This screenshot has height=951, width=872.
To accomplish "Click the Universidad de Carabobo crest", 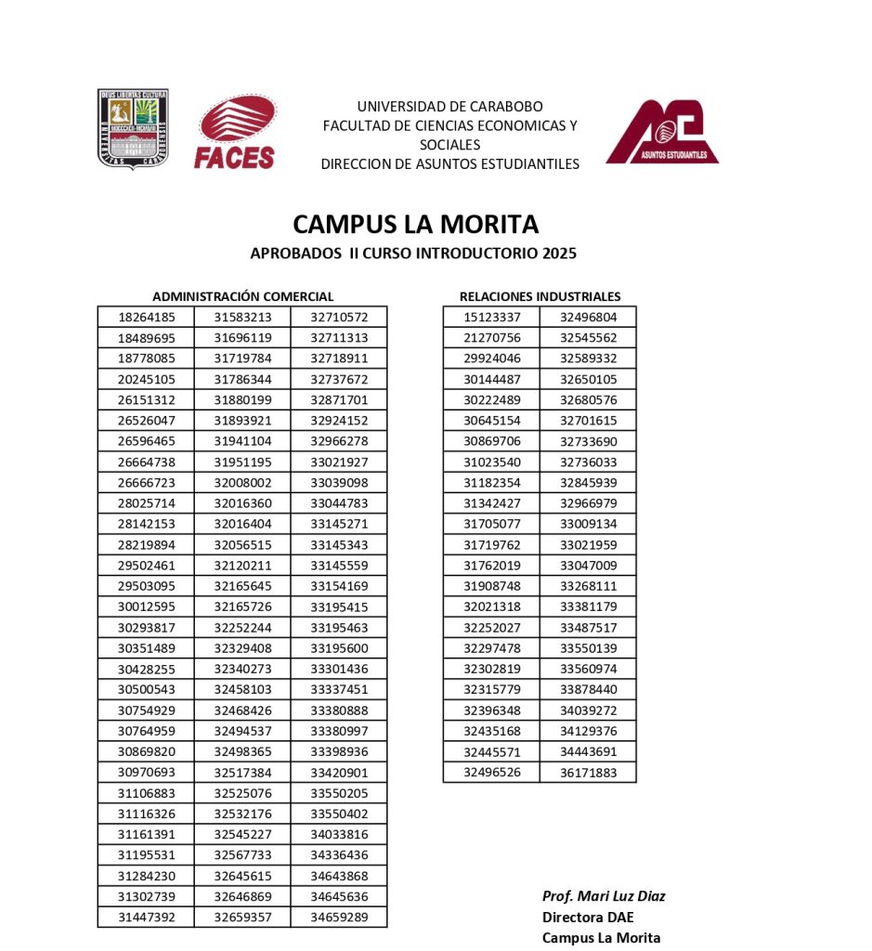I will click(134, 128).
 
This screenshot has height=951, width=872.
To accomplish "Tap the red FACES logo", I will click(235, 133).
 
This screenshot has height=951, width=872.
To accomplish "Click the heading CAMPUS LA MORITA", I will click(415, 224).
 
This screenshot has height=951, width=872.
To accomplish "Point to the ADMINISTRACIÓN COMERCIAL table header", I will click(242, 296).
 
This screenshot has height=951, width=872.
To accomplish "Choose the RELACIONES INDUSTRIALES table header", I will click(540, 296).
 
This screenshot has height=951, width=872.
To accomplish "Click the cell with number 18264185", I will click(146, 317).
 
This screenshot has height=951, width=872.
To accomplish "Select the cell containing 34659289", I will click(339, 918).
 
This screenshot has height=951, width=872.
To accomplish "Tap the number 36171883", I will click(588, 772).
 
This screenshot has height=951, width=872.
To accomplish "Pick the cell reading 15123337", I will click(491, 317).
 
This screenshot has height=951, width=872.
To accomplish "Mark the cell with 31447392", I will click(146, 918).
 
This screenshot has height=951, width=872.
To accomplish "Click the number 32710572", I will click(339, 317).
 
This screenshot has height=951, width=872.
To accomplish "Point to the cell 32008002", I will click(242, 483).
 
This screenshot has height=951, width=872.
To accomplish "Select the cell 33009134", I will click(588, 524).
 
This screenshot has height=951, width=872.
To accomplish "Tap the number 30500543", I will click(146, 689).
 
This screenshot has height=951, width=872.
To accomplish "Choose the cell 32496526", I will click(491, 772).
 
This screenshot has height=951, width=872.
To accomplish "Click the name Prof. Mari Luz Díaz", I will click(604, 896).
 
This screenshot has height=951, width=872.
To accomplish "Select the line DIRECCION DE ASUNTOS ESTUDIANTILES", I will click(449, 164).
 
